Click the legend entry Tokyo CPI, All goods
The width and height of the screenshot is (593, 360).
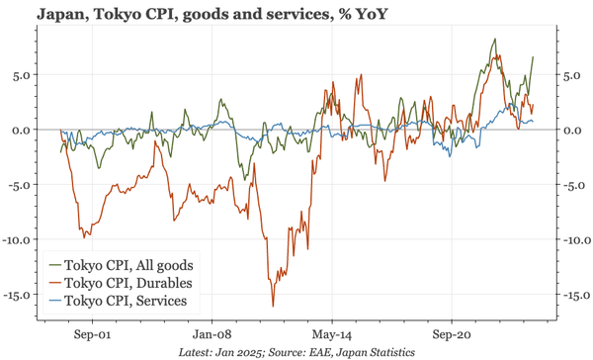[x=129, y=265]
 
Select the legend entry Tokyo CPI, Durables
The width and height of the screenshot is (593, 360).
[x=128, y=282]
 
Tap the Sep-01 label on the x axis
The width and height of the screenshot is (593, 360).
[x=91, y=333]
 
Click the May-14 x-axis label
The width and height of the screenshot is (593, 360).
[x=331, y=333]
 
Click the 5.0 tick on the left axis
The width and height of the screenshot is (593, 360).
[x=25, y=74]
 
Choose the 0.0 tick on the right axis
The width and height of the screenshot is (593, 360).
[x=570, y=130]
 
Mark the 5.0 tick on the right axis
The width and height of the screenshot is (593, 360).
[x=570, y=74]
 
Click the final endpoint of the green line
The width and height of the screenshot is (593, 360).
[x=534, y=56]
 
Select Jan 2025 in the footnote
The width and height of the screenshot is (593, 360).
[x=241, y=352]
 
